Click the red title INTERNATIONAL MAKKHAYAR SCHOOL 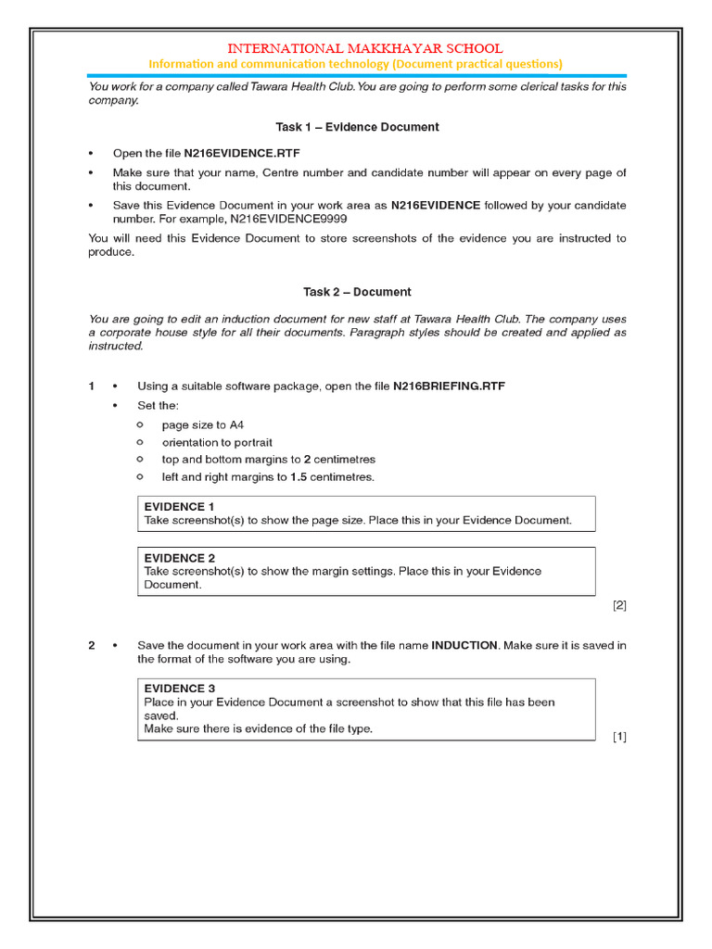pyautogui.click(x=365, y=48)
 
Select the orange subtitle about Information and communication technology pyautogui.click(x=356, y=64)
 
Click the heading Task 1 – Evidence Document pyautogui.click(x=357, y=127)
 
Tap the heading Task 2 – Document pyautogui.click(x=357, y=292)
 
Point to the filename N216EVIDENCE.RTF pyautogui.click(x=242, y=153)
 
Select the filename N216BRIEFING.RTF pyautogui.click(x=449, y=386)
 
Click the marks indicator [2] pyautogui.click(x=619, y=606)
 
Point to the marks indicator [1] pyautogui.click(x=619, y=737)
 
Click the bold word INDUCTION pyautogui.click(x=464, y=645)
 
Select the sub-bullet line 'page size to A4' pyautogui.click(x=203, y=425)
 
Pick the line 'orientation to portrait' pyautogui.click(x=217, y=443)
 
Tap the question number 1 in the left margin pyautogui.click(x=92, y=386)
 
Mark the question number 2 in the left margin pyautogui.click(x=92, y=645)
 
